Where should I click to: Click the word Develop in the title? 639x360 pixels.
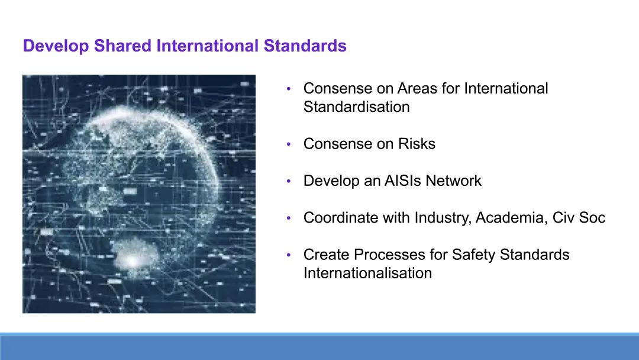[56, 46]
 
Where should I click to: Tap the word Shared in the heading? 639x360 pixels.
[122, 45]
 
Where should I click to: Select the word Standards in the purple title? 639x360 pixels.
[305, 45]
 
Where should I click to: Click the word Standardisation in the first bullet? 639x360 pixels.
[357, 107]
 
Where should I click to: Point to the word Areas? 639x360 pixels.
[417, 88]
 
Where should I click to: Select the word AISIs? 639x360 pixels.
[403, 181]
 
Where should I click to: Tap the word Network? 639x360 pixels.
[454, 181]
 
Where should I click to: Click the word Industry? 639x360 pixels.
[443, 218]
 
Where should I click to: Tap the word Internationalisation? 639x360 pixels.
[367, 273]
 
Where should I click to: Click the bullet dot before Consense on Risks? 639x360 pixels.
[289, 144]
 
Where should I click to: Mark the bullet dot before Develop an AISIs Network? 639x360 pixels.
[289, 181]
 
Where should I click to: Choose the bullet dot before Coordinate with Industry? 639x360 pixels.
[289, 218]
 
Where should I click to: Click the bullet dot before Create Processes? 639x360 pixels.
[289, 255]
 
